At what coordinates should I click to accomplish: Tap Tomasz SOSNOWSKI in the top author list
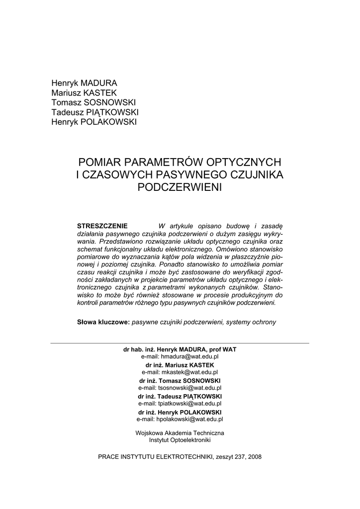pyautogui.click(x=90, y=102)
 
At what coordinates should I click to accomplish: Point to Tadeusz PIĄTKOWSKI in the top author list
pyautogui.click(x=95, y=112)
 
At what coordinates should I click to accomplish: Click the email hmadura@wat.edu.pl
pyautogui.click(x=180, y=356)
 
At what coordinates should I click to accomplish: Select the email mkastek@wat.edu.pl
pyautogui.click(x=180, y=372)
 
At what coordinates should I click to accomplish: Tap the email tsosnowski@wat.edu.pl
pyautogui.click(x=180, y=388)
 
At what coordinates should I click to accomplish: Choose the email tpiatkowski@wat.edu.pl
pyautogui.click(x=180, y=404)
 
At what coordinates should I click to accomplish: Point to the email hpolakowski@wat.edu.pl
pyautogui.click(x=180, y=419)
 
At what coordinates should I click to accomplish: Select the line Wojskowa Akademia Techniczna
pyautogui.click(x=180, y=433)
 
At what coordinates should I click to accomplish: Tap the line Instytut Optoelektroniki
pyautogui.click(x=180, y=440)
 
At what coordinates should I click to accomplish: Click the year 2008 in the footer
pyautogui.click(x=254, y=456)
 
